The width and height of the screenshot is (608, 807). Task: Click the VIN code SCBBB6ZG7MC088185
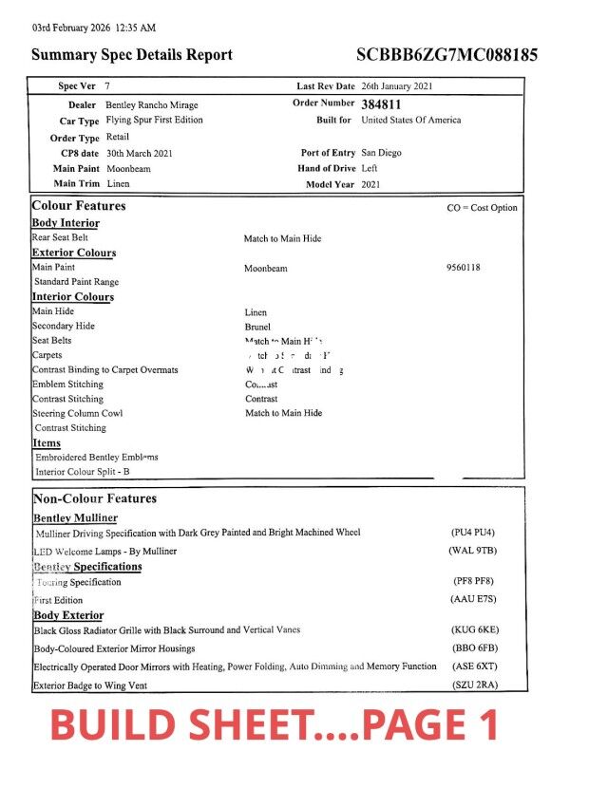click(x=446, y=55)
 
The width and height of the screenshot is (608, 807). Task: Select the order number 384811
click(x=387, y=104)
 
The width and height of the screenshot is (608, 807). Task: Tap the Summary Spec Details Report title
click(x=132, y=55)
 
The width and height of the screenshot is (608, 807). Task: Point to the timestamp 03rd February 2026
click(x=93, y=28)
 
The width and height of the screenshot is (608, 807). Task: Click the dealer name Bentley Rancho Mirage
click(x=152, y=105)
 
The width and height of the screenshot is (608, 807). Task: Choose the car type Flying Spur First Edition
click(x=154, y=121)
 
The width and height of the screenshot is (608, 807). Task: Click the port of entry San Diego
click(x=381, y=153)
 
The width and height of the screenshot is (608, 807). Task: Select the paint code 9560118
click(x=463, y=268)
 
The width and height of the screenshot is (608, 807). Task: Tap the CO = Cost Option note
click(x=482, y=208)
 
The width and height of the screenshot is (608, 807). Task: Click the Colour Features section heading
click(x=79, y=206)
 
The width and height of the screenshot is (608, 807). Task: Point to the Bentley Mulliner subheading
click(x=76, y=517)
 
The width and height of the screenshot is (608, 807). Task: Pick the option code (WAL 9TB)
click(x=473, y=551)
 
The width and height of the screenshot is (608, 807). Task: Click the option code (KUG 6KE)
click(x=474, y=629)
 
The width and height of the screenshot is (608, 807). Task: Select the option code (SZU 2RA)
click(x=474, y=685)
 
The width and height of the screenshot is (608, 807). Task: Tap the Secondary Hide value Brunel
click(x=257, y=327)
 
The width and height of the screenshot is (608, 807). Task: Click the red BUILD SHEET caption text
click(x=275, y=726)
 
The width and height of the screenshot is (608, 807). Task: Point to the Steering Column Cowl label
click(x=78, y=413)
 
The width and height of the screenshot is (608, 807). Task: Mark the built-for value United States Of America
click(x=411, y=121)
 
